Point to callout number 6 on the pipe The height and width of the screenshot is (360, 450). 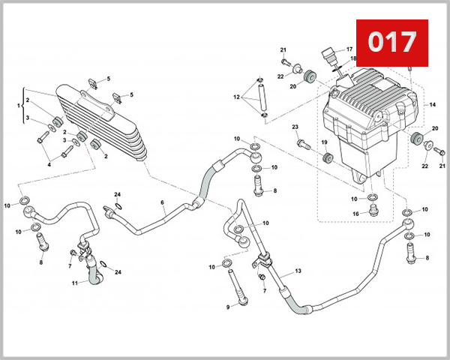[162, 202]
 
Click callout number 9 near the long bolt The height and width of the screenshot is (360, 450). [227, 307]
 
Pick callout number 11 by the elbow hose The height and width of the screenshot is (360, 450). [75, 283]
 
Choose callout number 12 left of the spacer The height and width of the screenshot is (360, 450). [235, 97]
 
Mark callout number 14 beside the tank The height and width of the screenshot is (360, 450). [432, 105]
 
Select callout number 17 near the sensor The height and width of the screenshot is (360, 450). [349, 49]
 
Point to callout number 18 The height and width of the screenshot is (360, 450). [353, 58]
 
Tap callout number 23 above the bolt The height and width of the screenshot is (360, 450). [295, 127]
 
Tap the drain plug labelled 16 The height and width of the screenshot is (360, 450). [373, 213]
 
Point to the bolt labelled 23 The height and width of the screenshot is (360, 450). [302, 142]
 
